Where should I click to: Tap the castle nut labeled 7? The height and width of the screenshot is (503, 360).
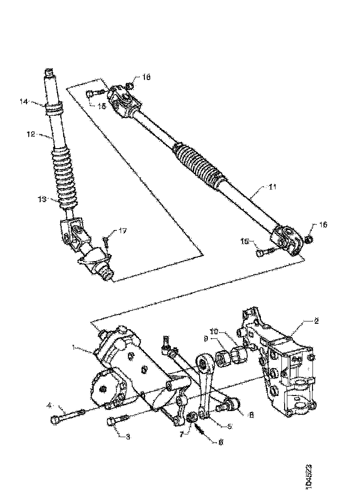point(193,417)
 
